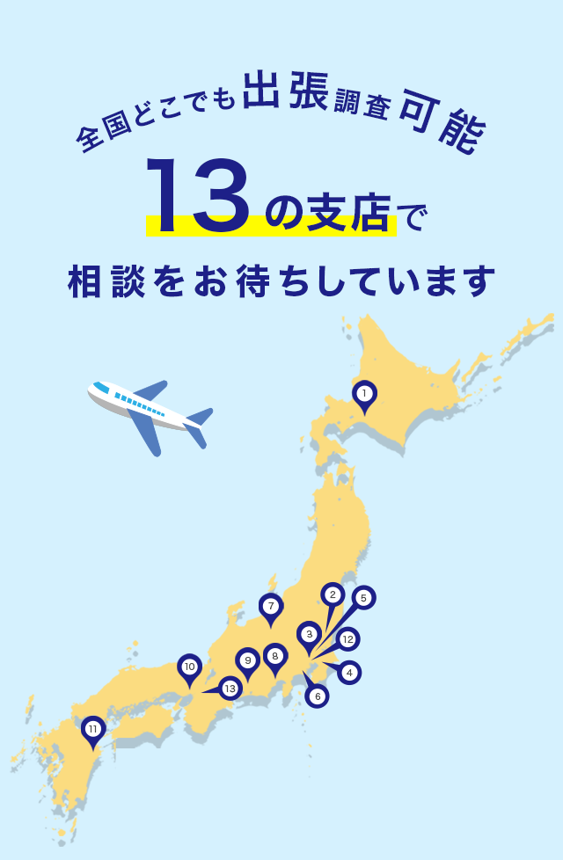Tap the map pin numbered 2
click(332, 595)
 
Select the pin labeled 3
click(309, 634)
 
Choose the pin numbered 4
click(349, 673)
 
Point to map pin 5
click(363, 598)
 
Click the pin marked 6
click(317, 696)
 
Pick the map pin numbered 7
click(271, 606)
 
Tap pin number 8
click(275, 656)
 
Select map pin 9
click(248, 660)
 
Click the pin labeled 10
click(189, 667)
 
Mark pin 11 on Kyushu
click(93, 729)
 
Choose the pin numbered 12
click(347, 639)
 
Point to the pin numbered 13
click(230, 689)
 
